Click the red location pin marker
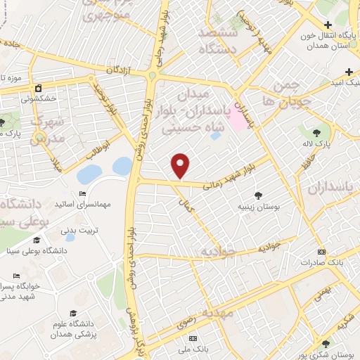pyautogui.click(x=181, y=165)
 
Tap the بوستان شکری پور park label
pyautogui.click(x=333, y=354)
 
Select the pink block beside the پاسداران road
pyautogui.click(x=236, y=121)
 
